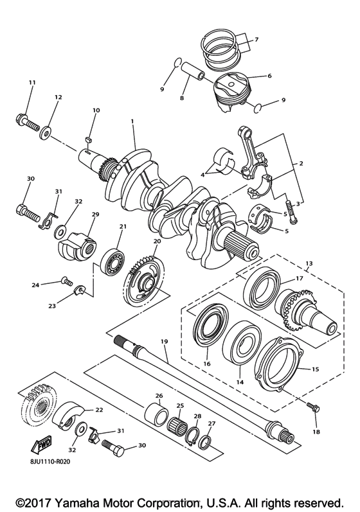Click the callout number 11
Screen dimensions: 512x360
point(32,82)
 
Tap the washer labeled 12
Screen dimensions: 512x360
point(46,135)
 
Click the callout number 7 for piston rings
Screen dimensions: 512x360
point(256,40)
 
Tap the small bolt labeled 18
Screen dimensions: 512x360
point(312,409)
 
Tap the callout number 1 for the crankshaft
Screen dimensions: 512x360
point(132,121)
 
